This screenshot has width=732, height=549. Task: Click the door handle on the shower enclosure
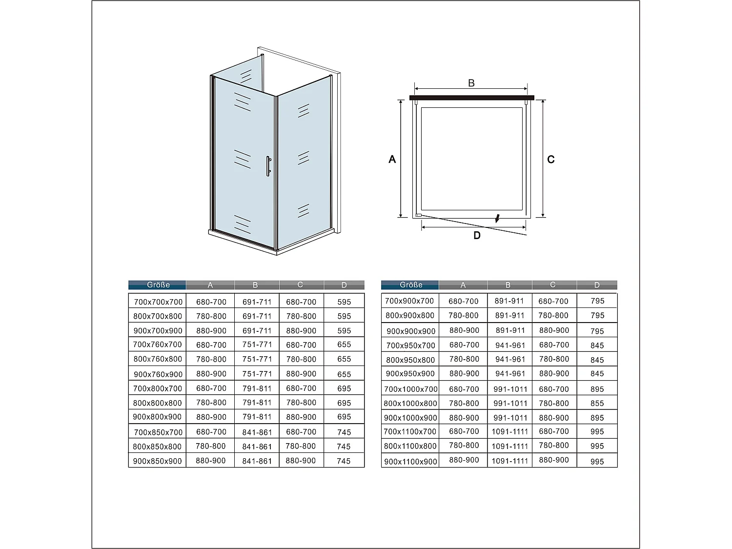point(268,166)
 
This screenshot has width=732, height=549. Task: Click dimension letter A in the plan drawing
point(392,160)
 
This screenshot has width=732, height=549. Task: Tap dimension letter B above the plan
point(471,83)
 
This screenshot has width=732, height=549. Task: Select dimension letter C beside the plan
point(551,160)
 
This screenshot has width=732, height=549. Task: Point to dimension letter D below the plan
point(477,236)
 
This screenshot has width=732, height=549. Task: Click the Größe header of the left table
point(158,285)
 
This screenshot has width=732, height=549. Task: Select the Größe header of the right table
point(410,285)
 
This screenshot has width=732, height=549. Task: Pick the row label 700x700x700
point(158,302)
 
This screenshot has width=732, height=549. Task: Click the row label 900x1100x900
point(410,461)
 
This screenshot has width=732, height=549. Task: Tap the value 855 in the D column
point(597,404)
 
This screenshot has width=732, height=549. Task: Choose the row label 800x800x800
point(158,403)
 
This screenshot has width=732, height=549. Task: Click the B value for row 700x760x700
point(257,345)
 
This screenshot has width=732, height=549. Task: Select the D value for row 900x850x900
point(344,461)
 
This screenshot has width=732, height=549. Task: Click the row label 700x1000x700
point(410,389)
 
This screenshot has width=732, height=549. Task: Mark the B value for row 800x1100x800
point(510,446)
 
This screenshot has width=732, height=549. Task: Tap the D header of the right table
point(597,285)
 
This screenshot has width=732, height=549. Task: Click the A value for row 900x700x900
point(211,330)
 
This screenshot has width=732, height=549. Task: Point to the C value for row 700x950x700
point(554,345)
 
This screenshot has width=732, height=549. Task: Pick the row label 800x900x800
point(410,316)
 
